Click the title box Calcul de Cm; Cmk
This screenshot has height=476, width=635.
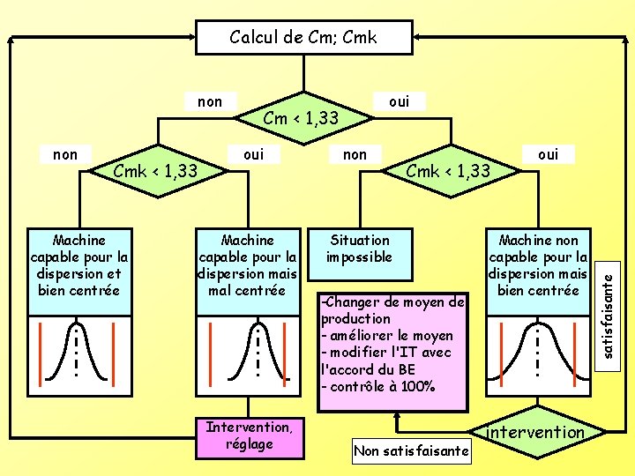coord(303,38)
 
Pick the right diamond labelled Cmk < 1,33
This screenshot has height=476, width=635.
coord(448,169)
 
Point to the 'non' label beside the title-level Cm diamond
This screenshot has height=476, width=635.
coord(210,101)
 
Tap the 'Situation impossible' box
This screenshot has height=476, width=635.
coord(359,249)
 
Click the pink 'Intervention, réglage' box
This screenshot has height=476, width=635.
coord(250,436)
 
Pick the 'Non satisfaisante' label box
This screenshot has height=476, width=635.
coord(411,451)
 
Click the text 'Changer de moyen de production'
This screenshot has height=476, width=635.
coord(392,310)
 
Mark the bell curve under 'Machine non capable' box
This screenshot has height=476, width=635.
coord(537,349)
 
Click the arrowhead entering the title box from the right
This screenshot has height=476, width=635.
coord(417,38)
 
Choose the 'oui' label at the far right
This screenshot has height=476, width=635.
coord(548,154)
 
